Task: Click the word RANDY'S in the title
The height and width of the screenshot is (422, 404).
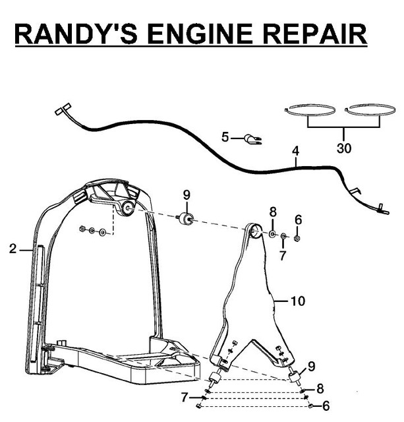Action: [76, 34]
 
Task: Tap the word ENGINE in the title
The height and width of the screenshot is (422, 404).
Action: [200, 34]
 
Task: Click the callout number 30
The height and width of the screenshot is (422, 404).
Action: [344, 148]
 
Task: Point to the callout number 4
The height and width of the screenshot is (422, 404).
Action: [296, 151]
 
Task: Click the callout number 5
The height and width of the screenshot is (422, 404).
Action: [225, 137]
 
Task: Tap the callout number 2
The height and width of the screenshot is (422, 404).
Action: [13, 249]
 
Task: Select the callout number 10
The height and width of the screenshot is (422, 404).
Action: [298, 301]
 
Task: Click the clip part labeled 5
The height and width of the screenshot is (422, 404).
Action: [252, 140]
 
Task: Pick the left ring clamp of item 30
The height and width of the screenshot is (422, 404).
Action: [310, 110]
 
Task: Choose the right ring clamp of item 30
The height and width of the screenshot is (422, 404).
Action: [370, 110]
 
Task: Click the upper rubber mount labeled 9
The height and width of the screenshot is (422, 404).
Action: [185, 218]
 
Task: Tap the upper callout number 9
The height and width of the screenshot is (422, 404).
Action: [187, 195]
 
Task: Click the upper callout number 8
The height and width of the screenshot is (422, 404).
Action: [273, 212]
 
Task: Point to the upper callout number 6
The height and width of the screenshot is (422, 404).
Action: [299, 220]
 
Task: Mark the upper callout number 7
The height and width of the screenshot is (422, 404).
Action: [282, 256]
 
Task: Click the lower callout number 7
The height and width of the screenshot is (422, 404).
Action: [185, 397]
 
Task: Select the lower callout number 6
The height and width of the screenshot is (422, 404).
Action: [326, 406]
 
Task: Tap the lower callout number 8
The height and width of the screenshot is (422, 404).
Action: [320, 388]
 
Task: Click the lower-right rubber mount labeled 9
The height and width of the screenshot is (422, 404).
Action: [295, 376]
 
